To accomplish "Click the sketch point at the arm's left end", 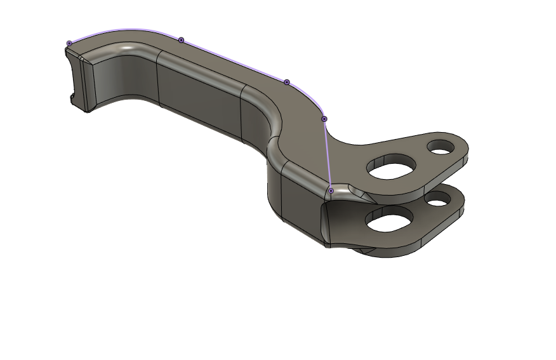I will coord(69,43).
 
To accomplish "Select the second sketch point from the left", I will coord(181,40).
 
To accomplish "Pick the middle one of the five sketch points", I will coord(286,83).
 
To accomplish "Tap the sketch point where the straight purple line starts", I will coord(324,119).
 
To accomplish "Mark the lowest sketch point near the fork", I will coord(331,190).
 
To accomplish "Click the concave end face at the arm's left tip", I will coord(76,79).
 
